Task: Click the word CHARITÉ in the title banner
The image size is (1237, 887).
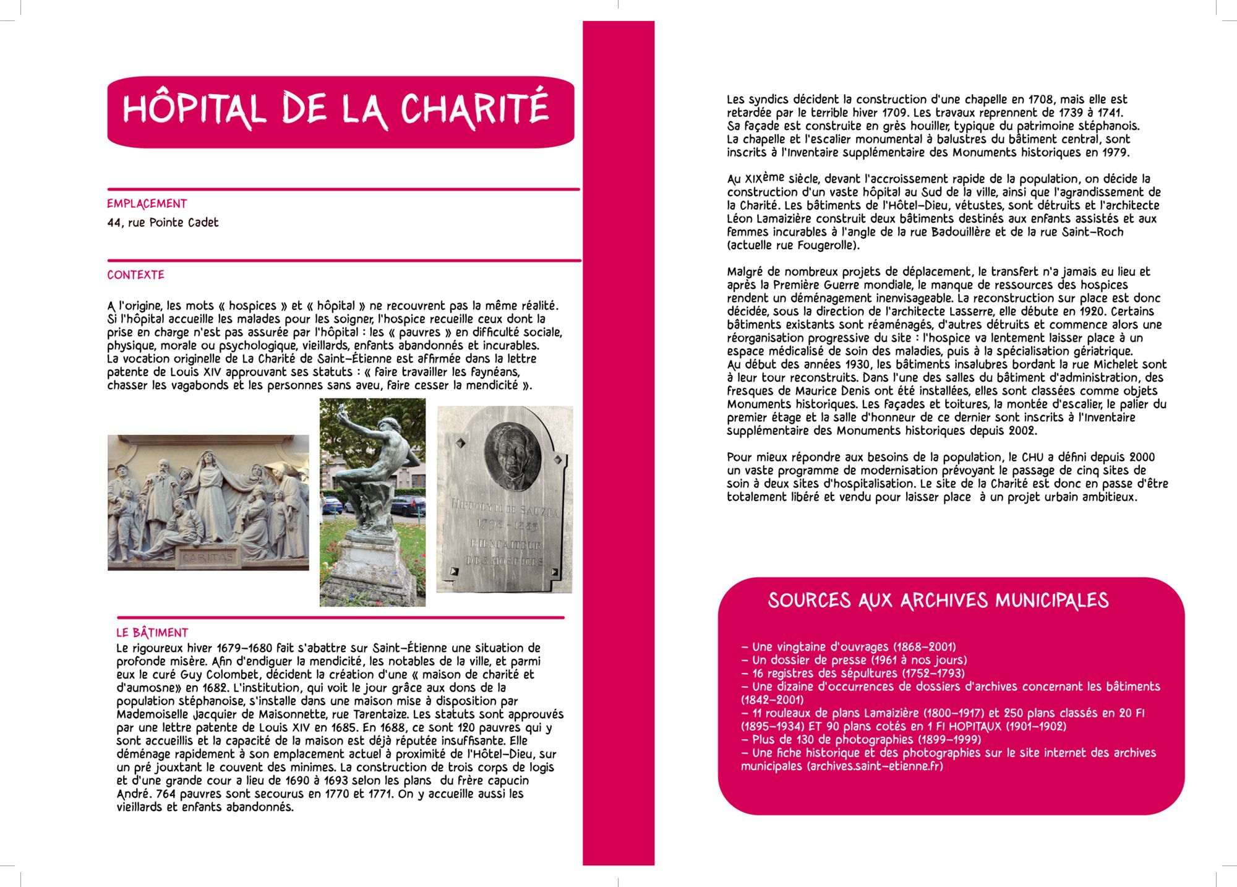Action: coord(474,109)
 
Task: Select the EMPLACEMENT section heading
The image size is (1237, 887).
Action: coord(147,204)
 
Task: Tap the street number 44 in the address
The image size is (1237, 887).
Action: coord(114,223)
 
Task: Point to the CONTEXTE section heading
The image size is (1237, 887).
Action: coord(135,275)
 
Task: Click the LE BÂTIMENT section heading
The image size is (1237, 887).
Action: coord(152,632)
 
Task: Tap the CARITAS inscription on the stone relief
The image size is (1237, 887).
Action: coord(207,557)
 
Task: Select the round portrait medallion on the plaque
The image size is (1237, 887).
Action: coord(511,456)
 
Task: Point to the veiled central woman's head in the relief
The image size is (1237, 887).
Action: coord(208,460)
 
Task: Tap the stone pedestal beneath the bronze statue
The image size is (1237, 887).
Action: coord(370,566)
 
